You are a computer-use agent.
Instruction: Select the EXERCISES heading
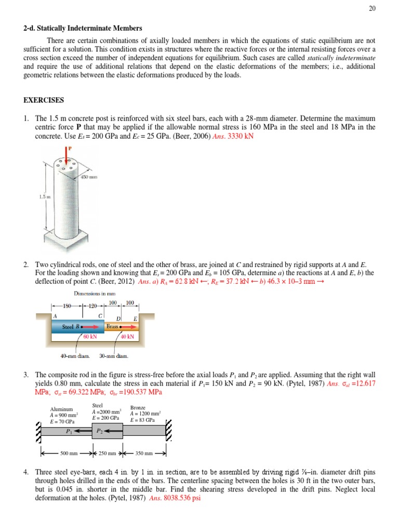pos(44,100)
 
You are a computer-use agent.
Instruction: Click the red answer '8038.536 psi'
pos(180,498)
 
